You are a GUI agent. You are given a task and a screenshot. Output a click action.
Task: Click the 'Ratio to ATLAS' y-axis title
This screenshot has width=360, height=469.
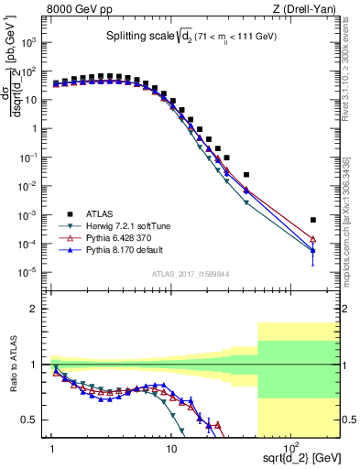[12, 365]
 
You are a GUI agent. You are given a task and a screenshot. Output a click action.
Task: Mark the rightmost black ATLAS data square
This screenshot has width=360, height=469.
[313, 220]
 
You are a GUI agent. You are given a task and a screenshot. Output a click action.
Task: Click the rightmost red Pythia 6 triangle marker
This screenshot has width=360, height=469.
[313, 240]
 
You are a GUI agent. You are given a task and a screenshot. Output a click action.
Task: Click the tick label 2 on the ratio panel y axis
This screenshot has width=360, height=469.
[38, 309]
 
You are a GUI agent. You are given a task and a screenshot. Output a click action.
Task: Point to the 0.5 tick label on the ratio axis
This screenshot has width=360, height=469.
[35, 420]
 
